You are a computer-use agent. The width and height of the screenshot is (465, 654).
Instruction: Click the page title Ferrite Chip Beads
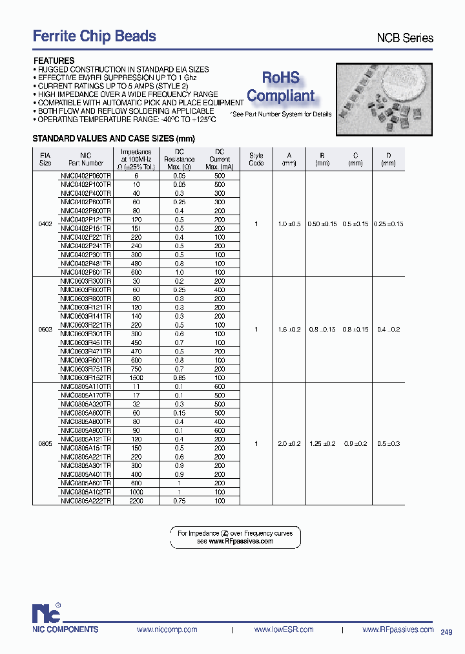94,36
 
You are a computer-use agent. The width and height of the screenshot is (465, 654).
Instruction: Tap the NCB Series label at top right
405,38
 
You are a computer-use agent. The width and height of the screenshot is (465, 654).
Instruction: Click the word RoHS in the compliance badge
281,78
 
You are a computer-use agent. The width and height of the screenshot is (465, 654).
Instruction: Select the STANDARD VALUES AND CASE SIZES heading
114,139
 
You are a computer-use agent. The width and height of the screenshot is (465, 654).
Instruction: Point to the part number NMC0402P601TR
86,273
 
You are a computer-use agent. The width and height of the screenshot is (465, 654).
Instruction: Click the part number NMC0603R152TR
86,377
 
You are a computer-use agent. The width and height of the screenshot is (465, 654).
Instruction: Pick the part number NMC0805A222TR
86,501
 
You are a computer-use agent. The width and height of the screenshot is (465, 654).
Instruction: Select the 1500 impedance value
136,377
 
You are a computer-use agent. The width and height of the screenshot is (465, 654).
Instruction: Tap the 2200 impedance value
136,501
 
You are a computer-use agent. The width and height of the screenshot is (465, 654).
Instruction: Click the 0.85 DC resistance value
180,377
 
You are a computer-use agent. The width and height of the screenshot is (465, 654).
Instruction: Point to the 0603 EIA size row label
45,329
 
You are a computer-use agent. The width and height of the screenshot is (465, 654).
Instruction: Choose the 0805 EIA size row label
45,444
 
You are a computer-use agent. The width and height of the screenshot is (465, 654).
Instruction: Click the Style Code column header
256,159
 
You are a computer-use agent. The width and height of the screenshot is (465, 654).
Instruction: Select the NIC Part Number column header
86,159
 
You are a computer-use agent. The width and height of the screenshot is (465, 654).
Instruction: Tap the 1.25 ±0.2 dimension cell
322,444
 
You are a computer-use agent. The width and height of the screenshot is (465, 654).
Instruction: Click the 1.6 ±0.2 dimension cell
289,329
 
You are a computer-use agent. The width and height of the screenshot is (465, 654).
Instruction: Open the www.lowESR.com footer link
284,629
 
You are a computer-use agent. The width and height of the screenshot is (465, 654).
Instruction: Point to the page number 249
447,631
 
